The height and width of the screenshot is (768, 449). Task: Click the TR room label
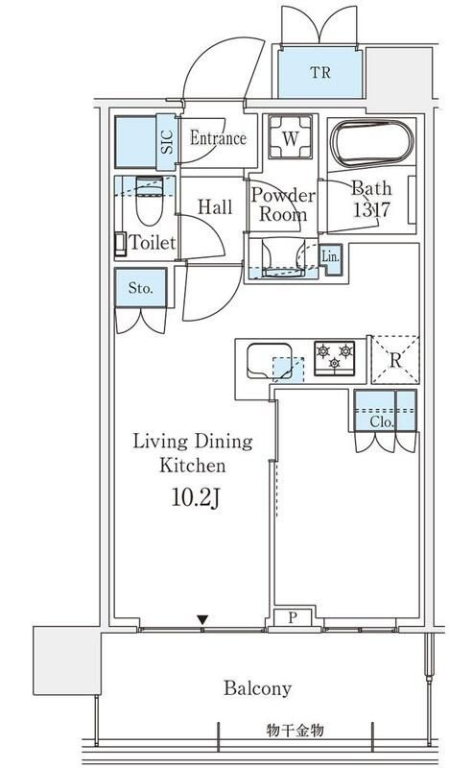320,73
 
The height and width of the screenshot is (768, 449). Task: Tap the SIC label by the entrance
168,142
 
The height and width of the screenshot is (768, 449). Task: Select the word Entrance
218,138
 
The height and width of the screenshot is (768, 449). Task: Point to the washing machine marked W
291,136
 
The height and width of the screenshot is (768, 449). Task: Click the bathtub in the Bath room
371,143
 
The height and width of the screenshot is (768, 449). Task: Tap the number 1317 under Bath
371,210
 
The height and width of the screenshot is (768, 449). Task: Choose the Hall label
215,207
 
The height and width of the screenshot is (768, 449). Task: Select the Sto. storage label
140,288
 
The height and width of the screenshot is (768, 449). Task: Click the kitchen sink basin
270,361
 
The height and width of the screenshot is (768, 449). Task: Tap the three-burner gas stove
335,358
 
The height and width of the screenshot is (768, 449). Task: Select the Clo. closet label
383,422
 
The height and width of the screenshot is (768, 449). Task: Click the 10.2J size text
195,498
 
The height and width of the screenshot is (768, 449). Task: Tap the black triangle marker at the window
202,620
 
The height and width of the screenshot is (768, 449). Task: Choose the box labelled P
293,617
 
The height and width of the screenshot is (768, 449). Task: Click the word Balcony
257,688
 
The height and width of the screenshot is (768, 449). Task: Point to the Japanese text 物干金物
295,731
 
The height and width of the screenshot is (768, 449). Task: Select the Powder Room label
283,204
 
